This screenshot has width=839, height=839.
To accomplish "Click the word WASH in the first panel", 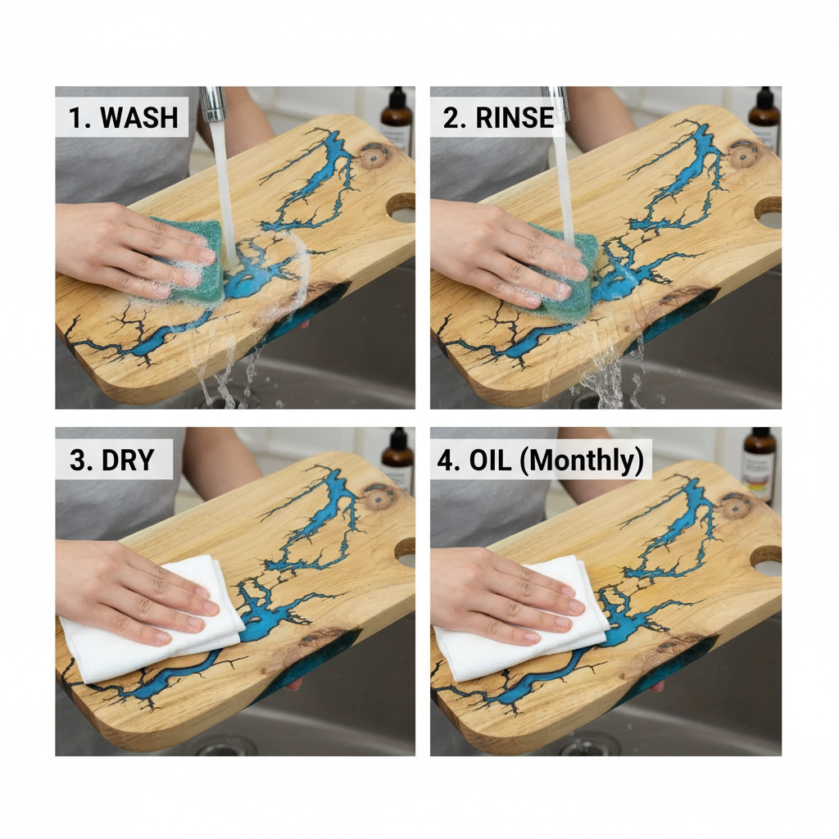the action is (139, 117).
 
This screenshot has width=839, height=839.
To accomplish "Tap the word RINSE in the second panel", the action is (515, 118).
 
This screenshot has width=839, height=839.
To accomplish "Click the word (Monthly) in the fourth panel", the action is (582, 460).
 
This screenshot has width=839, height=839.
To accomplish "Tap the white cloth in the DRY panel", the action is (150, 621).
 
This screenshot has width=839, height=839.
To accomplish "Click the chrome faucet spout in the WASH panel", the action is (214, 104).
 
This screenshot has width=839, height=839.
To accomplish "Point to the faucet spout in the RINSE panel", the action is (555, 102).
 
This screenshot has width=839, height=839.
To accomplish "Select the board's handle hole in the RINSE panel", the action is (769, 212).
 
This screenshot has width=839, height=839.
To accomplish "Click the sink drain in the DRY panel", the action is (224, 746).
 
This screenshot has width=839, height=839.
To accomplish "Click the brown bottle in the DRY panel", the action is (397, 459).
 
